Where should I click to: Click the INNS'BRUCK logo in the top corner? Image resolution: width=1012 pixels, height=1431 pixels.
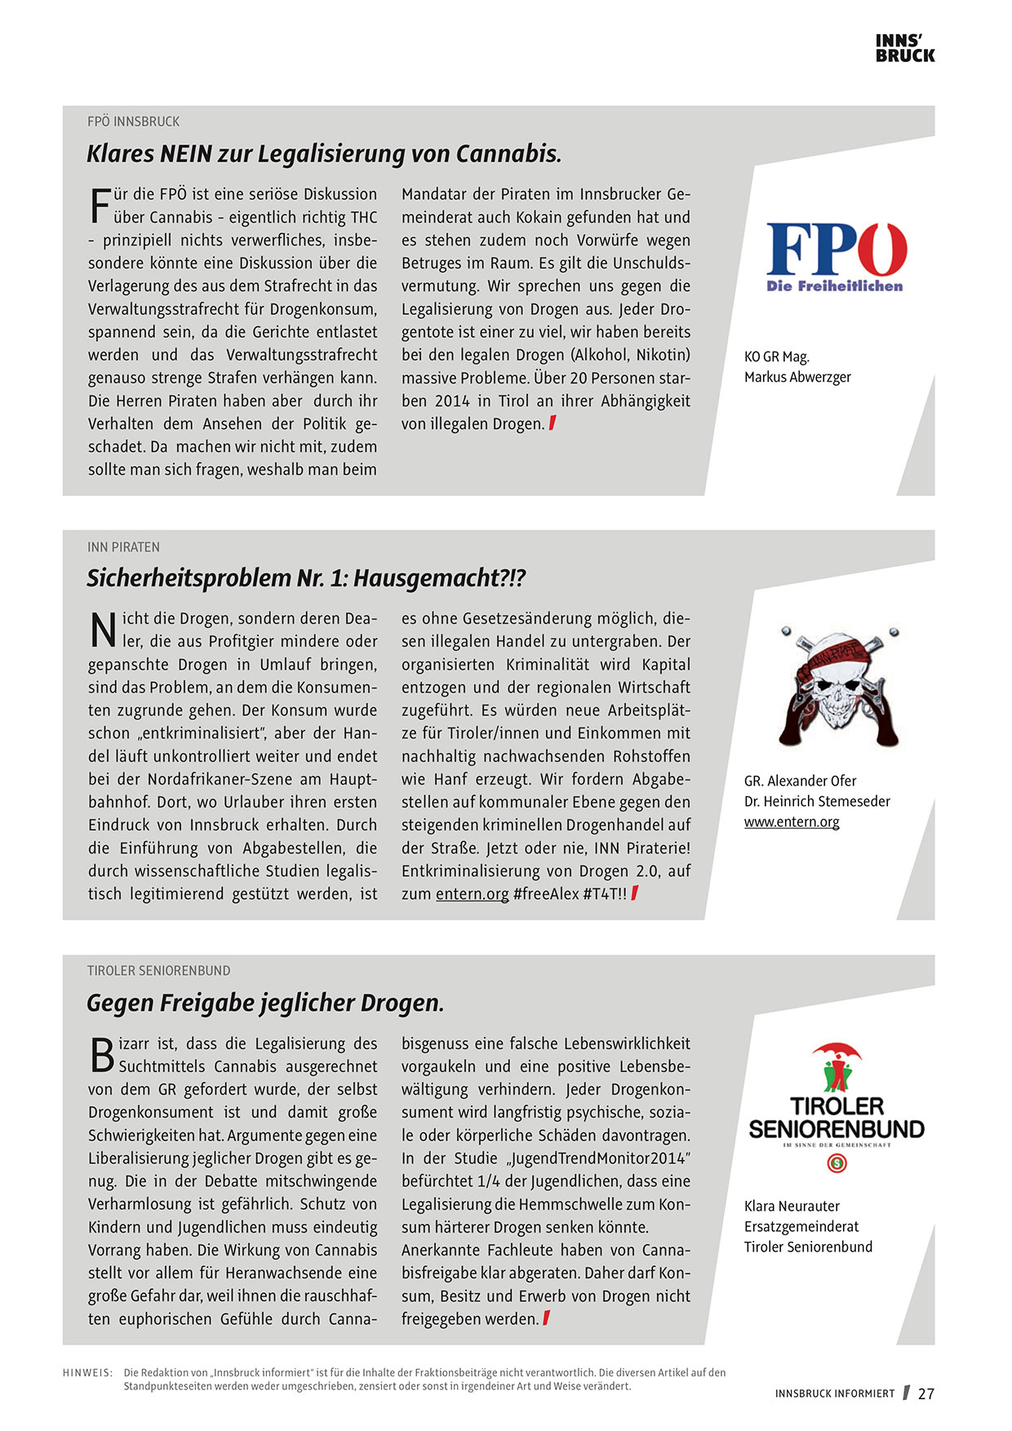(x=904, y=48)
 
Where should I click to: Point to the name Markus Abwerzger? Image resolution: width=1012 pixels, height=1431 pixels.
(x=797, y=377)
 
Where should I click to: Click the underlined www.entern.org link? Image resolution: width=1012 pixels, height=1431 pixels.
(x=792, y=822)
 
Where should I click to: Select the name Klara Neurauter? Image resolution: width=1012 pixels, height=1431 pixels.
(x=792, y=1206)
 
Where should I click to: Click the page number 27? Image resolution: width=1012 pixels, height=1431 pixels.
(x=925, y=1393)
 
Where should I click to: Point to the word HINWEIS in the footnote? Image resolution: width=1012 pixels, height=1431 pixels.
(x=87, y=1372)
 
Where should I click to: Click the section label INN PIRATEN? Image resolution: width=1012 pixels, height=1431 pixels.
(x=123, y=547)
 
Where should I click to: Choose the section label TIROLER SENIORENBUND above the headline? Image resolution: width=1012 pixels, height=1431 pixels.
(x=158, y=971)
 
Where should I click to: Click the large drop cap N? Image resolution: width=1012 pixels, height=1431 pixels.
(x=102, y=630)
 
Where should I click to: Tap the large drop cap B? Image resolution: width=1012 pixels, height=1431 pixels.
(x=101, y=1055)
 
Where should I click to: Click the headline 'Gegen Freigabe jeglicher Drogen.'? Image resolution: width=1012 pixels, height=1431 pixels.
(x=265, y=1003)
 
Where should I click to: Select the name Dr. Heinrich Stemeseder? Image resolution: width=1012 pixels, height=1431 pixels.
(x=817, y=801)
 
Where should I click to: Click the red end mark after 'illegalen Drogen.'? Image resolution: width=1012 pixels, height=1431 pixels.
(x=553, y=423)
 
